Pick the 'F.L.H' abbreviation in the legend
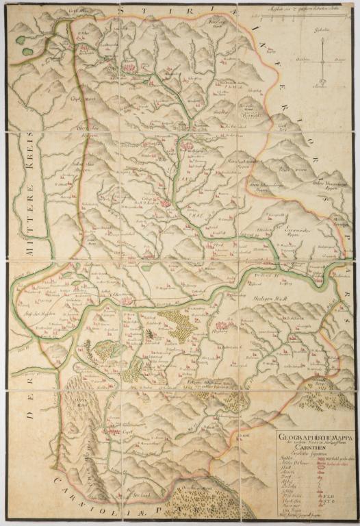[x=335, y=488]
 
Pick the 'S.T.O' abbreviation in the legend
[x=335, y=494]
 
